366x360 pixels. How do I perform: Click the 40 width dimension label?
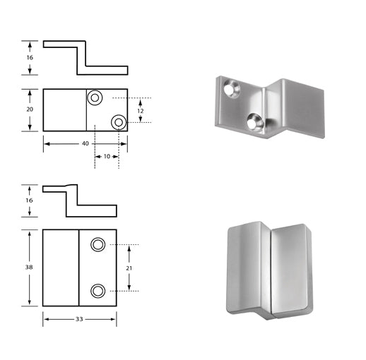(x=85, y=143)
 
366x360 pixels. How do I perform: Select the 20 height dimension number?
(x=29, y=109)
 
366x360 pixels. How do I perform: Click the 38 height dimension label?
(x=29, y=268)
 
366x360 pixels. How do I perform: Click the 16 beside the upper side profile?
(x=29, y=56)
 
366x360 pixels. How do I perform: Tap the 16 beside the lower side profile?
(x=29, y=200)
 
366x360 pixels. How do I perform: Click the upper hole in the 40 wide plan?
(x=95, y=97)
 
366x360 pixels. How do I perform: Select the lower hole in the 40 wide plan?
(x=118, y=122)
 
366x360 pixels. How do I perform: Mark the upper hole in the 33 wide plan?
(x=98, y=244)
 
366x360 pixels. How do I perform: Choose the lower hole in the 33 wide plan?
(x=98, y=290)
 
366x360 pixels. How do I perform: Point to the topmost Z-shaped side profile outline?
(x=85, y=56)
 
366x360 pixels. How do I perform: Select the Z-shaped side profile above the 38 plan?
(x=78, y=200)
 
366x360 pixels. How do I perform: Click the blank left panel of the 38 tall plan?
(x=60, y=268)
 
